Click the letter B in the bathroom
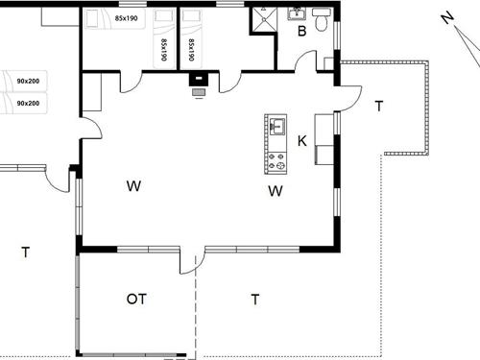point(301,31)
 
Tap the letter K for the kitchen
point(302,142)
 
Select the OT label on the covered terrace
point(136,300)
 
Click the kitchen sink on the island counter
point(277,126)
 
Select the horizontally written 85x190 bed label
point(126,18)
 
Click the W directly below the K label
point(276,190)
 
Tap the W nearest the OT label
point(133,185)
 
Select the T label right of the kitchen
point(378,106)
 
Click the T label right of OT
point(255,300)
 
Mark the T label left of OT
point(26,252)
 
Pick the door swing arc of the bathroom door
point(305,60)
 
